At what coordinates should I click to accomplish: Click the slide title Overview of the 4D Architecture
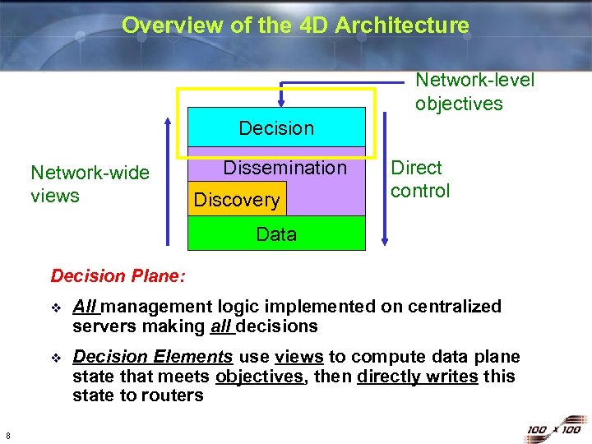[x=295, y=25]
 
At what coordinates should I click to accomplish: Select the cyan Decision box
[x=276, y=128]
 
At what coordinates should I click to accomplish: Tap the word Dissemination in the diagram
[x=285, y=168]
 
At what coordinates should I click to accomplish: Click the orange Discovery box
[x=237, y=200]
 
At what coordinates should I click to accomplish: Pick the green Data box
[x=276, y=234]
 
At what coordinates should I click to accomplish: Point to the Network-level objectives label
[x=474, y=91]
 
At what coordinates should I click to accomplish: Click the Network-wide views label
[x=90, y=184]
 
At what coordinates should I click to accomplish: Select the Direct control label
[x=420, y=179]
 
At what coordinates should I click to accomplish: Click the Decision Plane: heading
[x=118, y=275]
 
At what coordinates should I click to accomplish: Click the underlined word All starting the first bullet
[x=85, y=307]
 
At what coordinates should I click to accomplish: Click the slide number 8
[x=7, y=435]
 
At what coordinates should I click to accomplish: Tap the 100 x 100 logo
[x=553, y=429]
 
